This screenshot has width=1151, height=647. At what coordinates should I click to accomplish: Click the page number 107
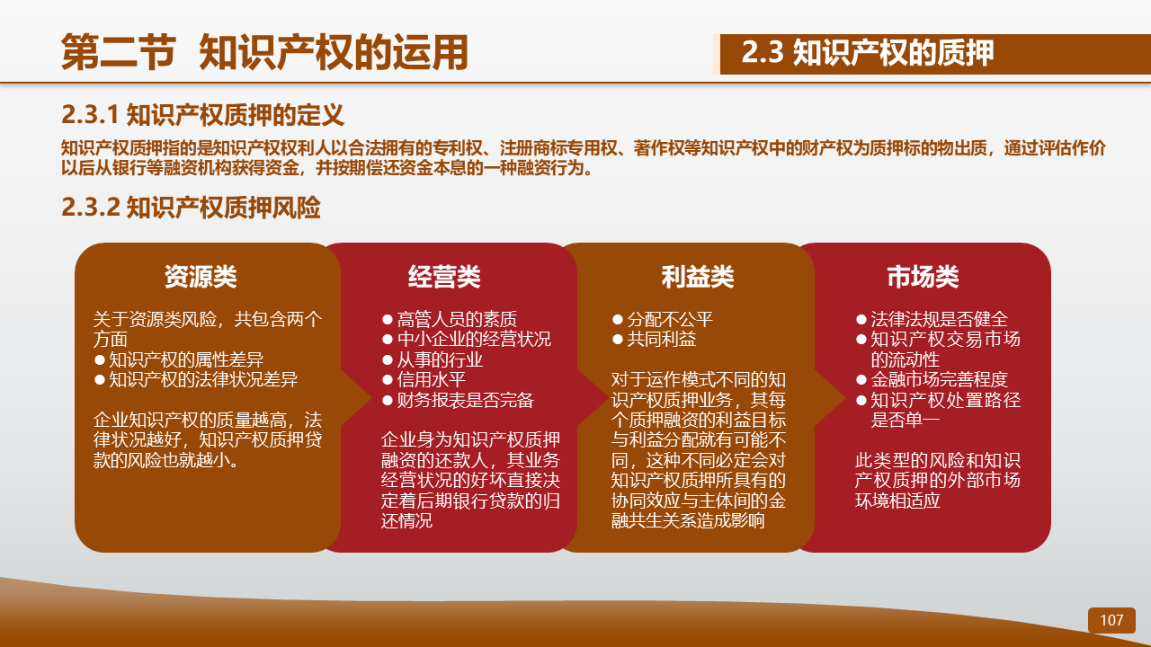click(1111, 620)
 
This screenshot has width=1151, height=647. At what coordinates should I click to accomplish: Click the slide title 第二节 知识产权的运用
click(264, 52)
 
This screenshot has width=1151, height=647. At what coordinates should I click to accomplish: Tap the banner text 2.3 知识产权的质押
click(868, 52)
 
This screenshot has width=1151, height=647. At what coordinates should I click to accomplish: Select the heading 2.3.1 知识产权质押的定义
click(202, 114)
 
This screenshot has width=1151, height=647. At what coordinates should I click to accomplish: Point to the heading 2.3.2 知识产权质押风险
click(191, 208)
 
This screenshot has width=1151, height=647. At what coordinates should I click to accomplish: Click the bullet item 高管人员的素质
click(450, 319)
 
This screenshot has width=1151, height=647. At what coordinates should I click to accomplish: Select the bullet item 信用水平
click(424, 379)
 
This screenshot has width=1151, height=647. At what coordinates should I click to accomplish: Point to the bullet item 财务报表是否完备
click(458, 400)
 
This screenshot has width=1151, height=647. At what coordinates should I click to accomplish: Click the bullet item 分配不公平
click(663, 319)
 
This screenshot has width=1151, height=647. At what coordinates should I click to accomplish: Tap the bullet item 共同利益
click(654, 339)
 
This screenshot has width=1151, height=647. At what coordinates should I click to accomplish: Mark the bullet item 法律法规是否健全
click(932, 319)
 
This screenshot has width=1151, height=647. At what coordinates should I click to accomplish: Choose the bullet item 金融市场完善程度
click(932, 379)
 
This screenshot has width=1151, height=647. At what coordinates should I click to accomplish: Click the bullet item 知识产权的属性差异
click(179, 359)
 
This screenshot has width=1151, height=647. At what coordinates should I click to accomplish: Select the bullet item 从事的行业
click(433, 359)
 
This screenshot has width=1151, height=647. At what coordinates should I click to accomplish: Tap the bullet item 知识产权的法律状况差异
click(196, 379)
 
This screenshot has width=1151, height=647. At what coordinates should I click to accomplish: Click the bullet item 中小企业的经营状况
click(467, 339)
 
